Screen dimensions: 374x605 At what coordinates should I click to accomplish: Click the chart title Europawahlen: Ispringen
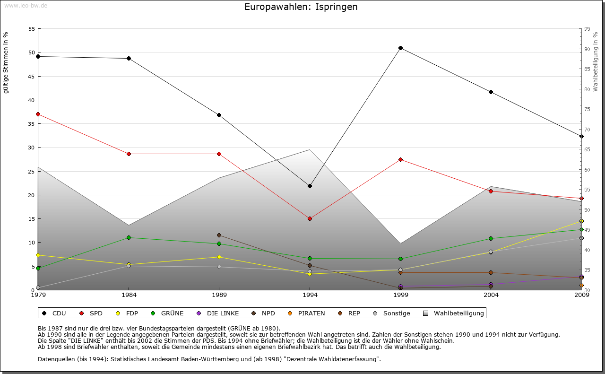pyautogui.click(x=301, y=7)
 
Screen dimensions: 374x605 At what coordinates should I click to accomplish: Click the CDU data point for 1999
pyautogui.click(x=400, y=48)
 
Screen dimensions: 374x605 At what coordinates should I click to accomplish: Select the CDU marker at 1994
pyautogui.click(x=310, y=186)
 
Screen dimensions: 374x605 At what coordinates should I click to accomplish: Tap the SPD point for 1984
pyautogui.click(x=129, y=154)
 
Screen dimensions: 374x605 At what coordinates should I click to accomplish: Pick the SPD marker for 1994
pyautogui.click(x=310, y=218)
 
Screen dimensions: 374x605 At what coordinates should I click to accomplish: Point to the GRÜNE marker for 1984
pyautogui.click(x=129, y=237)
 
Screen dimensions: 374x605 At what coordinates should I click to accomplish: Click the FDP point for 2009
pyautogui.click(x=581, y=221)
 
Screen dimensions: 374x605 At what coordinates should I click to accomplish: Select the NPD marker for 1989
pyautogui.click(x=219, y=235)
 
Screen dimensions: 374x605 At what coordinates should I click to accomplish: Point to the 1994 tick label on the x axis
pyautogui.click(x=310, y=295)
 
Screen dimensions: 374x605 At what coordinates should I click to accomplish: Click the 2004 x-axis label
pyautogui.click(x=491, y=295)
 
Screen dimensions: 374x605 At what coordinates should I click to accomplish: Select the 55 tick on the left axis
pyautogui.click(x=32, y=29)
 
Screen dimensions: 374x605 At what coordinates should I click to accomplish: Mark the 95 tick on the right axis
pyautogui.click(x=587, y=29)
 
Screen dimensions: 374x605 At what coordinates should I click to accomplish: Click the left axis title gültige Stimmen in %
pyautogui.click(x=6, y=62)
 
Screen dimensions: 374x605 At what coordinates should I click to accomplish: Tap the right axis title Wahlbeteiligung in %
pyautogui.click(x=596, y=62)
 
